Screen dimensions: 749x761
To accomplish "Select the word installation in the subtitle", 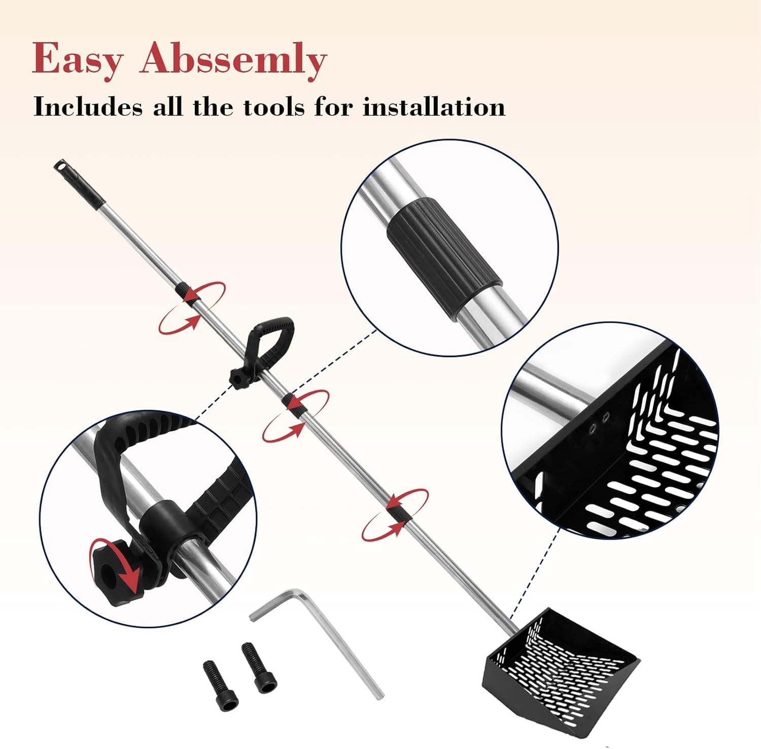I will point(434,107).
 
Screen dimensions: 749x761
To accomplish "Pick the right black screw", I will point(259,667).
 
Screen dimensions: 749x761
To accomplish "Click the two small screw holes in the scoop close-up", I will point(599,423).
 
